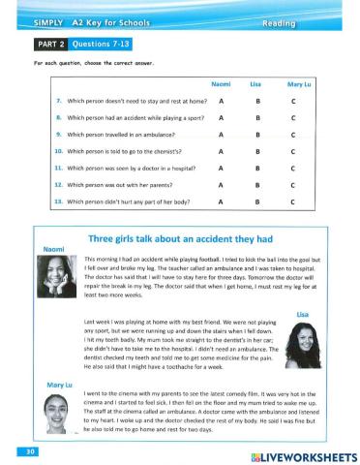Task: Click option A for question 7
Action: point(222,100)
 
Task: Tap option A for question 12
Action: point(222,184)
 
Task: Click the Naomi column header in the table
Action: point(222,83)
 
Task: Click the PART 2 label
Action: point(46,44)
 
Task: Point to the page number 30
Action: point(20,451)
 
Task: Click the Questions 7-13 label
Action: point(98,44)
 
